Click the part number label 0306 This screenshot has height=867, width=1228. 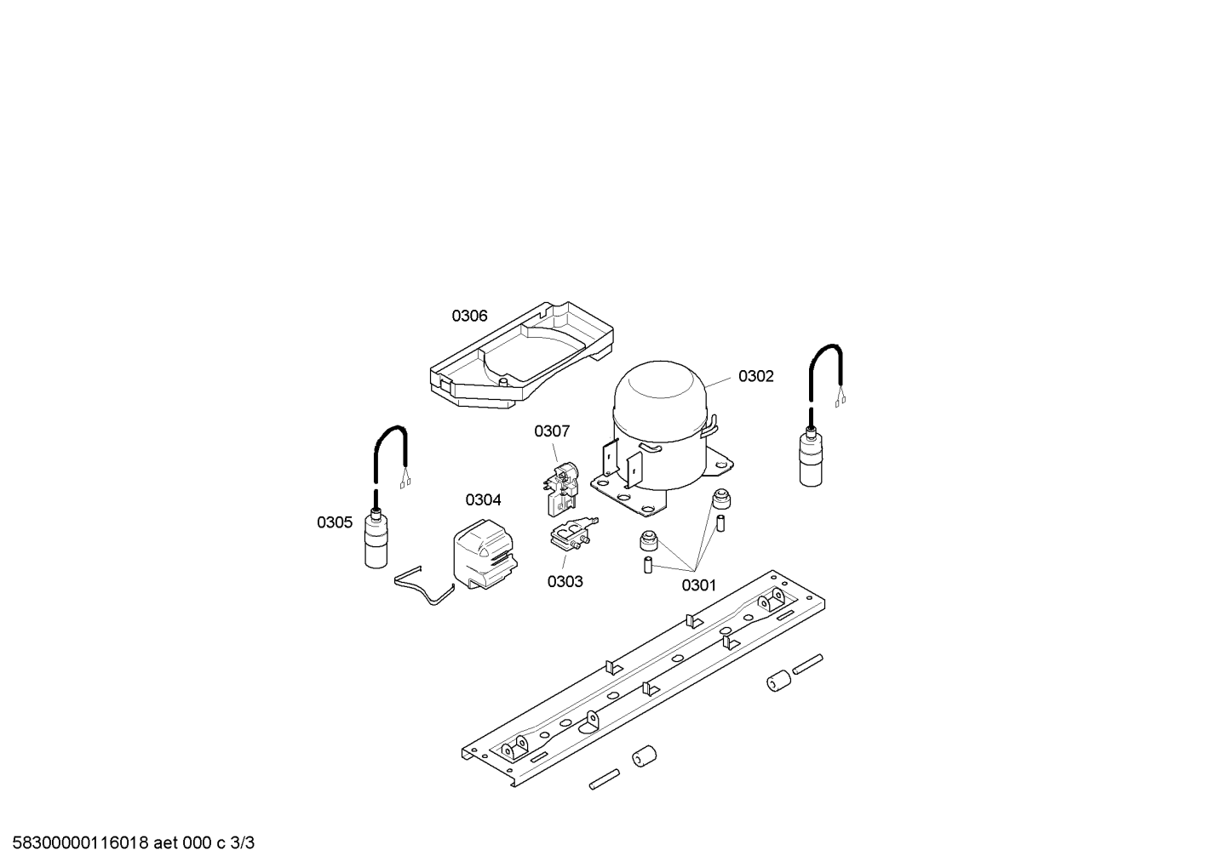(x=469, y=316)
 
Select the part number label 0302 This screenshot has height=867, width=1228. (x=756, y=376)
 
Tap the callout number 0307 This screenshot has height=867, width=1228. (x=552, y=431)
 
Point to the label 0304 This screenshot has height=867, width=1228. (x=483, y=500)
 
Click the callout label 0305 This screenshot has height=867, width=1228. (x=335, y=522)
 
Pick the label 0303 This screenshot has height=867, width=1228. (x=565, y=582)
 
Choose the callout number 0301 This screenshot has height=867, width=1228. (x=699, y=585)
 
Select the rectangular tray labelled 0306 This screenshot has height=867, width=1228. (x=521, y=354)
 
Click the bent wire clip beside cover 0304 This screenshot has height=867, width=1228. (x=424, y=587)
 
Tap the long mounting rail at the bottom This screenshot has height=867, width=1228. (x=643, y=678)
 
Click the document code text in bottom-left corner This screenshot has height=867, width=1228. (x=133, y=843)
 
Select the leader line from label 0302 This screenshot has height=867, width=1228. (x=718, y=382)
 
